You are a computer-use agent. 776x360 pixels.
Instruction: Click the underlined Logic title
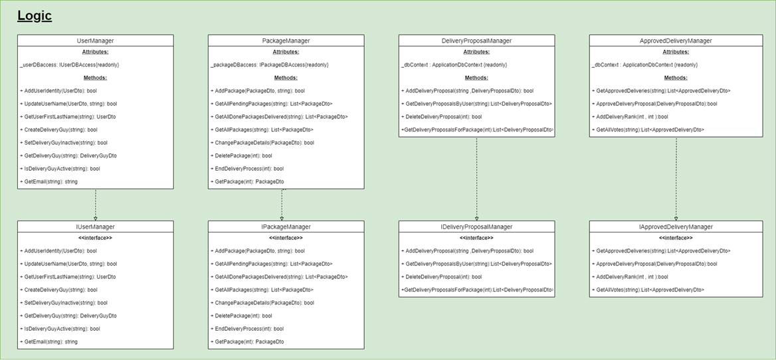[35, 16]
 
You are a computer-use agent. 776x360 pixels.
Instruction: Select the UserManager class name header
[95, 41]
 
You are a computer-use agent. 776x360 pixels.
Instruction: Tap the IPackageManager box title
[286, 226]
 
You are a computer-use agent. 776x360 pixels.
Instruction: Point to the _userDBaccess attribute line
[70, 64]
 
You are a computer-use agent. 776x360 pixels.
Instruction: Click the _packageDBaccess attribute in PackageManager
[269, 64]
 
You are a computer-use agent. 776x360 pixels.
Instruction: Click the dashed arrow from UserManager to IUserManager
[96, 205]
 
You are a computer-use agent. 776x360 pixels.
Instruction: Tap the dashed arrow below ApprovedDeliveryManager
[676, 179]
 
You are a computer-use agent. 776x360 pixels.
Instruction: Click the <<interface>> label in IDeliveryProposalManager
[476, 238]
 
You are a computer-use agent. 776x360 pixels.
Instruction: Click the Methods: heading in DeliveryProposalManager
[476, 78]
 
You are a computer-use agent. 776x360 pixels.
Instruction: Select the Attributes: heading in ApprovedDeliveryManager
[676, 52]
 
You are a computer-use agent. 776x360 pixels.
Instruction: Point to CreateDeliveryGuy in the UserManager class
[58, 130]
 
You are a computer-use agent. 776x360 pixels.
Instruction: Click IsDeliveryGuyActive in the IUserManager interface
[60, 328]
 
